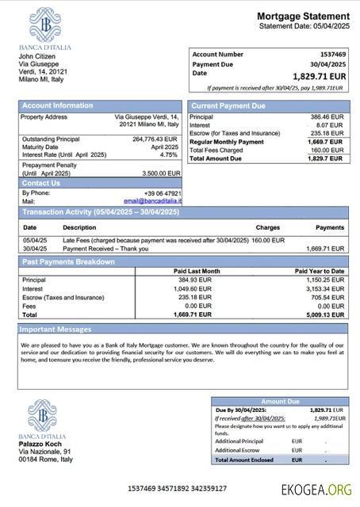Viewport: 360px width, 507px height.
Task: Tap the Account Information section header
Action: [57, 105]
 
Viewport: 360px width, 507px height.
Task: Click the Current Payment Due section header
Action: [229, 105]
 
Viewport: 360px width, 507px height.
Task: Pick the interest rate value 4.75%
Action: [169, 154]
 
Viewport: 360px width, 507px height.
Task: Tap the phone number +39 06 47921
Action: [163, 193]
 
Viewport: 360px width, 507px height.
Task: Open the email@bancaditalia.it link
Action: [152, 202]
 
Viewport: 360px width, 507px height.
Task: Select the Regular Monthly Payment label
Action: [227, 142]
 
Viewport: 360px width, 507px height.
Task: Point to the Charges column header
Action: [267, 227]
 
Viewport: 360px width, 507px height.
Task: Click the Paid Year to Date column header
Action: [320, 271]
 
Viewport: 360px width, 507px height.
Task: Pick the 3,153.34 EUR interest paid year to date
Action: [326, 288]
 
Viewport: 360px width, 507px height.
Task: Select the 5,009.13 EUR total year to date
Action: [325, 314]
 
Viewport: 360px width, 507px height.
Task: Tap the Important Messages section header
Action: [56, 329]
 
